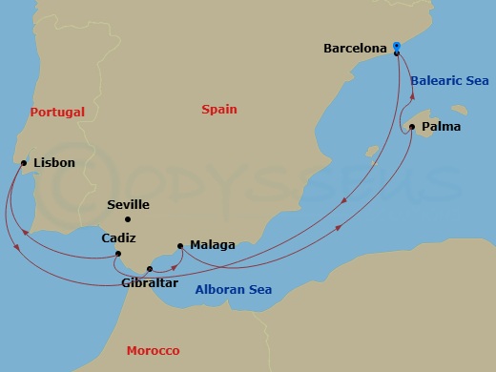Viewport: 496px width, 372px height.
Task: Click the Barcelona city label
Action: coord(355,47)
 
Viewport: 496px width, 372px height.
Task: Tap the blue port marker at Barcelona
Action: coord(397,46)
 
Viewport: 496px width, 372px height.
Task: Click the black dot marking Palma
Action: coord(411,126)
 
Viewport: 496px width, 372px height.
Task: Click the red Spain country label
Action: coord(219,110)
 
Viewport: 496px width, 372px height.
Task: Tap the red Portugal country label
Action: coord(57,112)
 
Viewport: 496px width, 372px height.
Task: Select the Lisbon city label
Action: coord(53,163)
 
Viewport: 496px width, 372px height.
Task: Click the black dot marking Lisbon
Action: coord(23,163)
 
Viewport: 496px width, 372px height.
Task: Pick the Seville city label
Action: coord(128,204)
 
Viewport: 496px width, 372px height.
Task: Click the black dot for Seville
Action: coord(128,219)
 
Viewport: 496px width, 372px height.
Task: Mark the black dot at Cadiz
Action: coord(116,254)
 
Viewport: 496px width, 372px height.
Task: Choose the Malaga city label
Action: coord(212,245)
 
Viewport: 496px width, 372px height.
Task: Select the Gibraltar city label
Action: coord(151,282)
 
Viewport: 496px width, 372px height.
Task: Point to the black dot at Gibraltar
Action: coord(148,269)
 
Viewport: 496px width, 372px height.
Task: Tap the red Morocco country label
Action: coord(153,351)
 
